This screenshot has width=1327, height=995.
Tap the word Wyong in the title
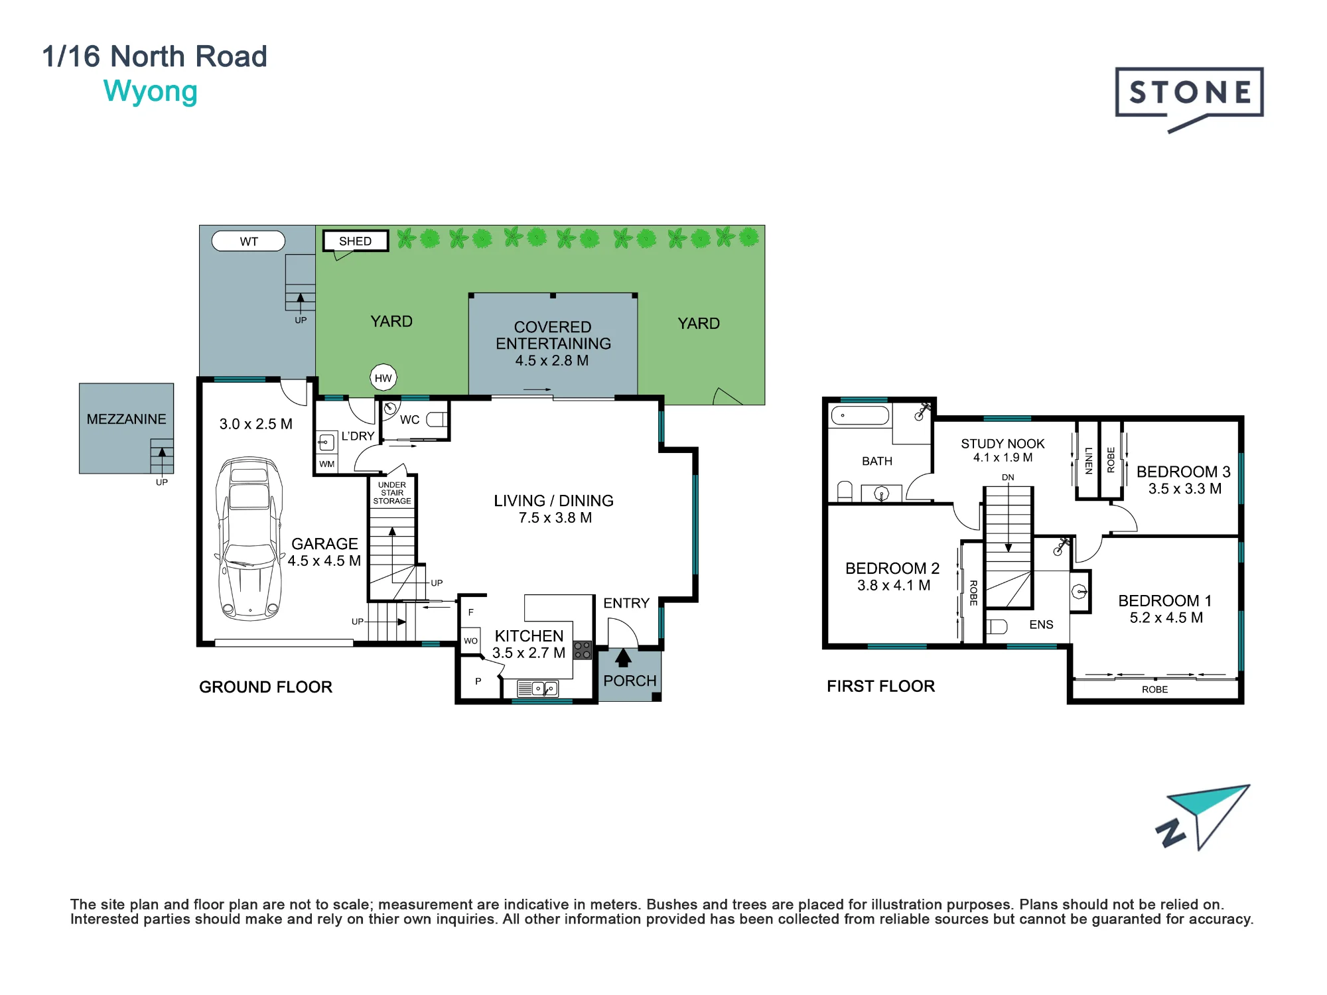tap(151, 92)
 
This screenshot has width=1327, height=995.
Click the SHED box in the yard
tap(356, 241)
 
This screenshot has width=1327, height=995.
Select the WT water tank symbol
tap(248, 241)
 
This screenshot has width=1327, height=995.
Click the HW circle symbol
tap(384, 378)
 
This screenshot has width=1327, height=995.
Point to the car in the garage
tap(249, 538)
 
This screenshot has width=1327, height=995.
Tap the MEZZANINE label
tap(126, 419)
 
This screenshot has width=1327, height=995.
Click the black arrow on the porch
tap(623, 657)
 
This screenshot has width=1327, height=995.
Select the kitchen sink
tap(537, 689)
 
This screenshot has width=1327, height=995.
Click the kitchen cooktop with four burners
tap(583, 649)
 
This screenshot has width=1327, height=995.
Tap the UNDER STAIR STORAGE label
tap(392, 493)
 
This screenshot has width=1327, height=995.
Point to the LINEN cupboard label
tap(1089, 460)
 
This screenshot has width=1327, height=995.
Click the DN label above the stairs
tap(1008, 477)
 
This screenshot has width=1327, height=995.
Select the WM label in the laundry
tap(326, 464)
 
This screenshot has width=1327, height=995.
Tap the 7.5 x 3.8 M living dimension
tap(555, 518)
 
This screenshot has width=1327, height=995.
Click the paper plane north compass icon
tap(1202, 817)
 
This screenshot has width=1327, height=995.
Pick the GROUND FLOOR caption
tap(265, 687)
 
